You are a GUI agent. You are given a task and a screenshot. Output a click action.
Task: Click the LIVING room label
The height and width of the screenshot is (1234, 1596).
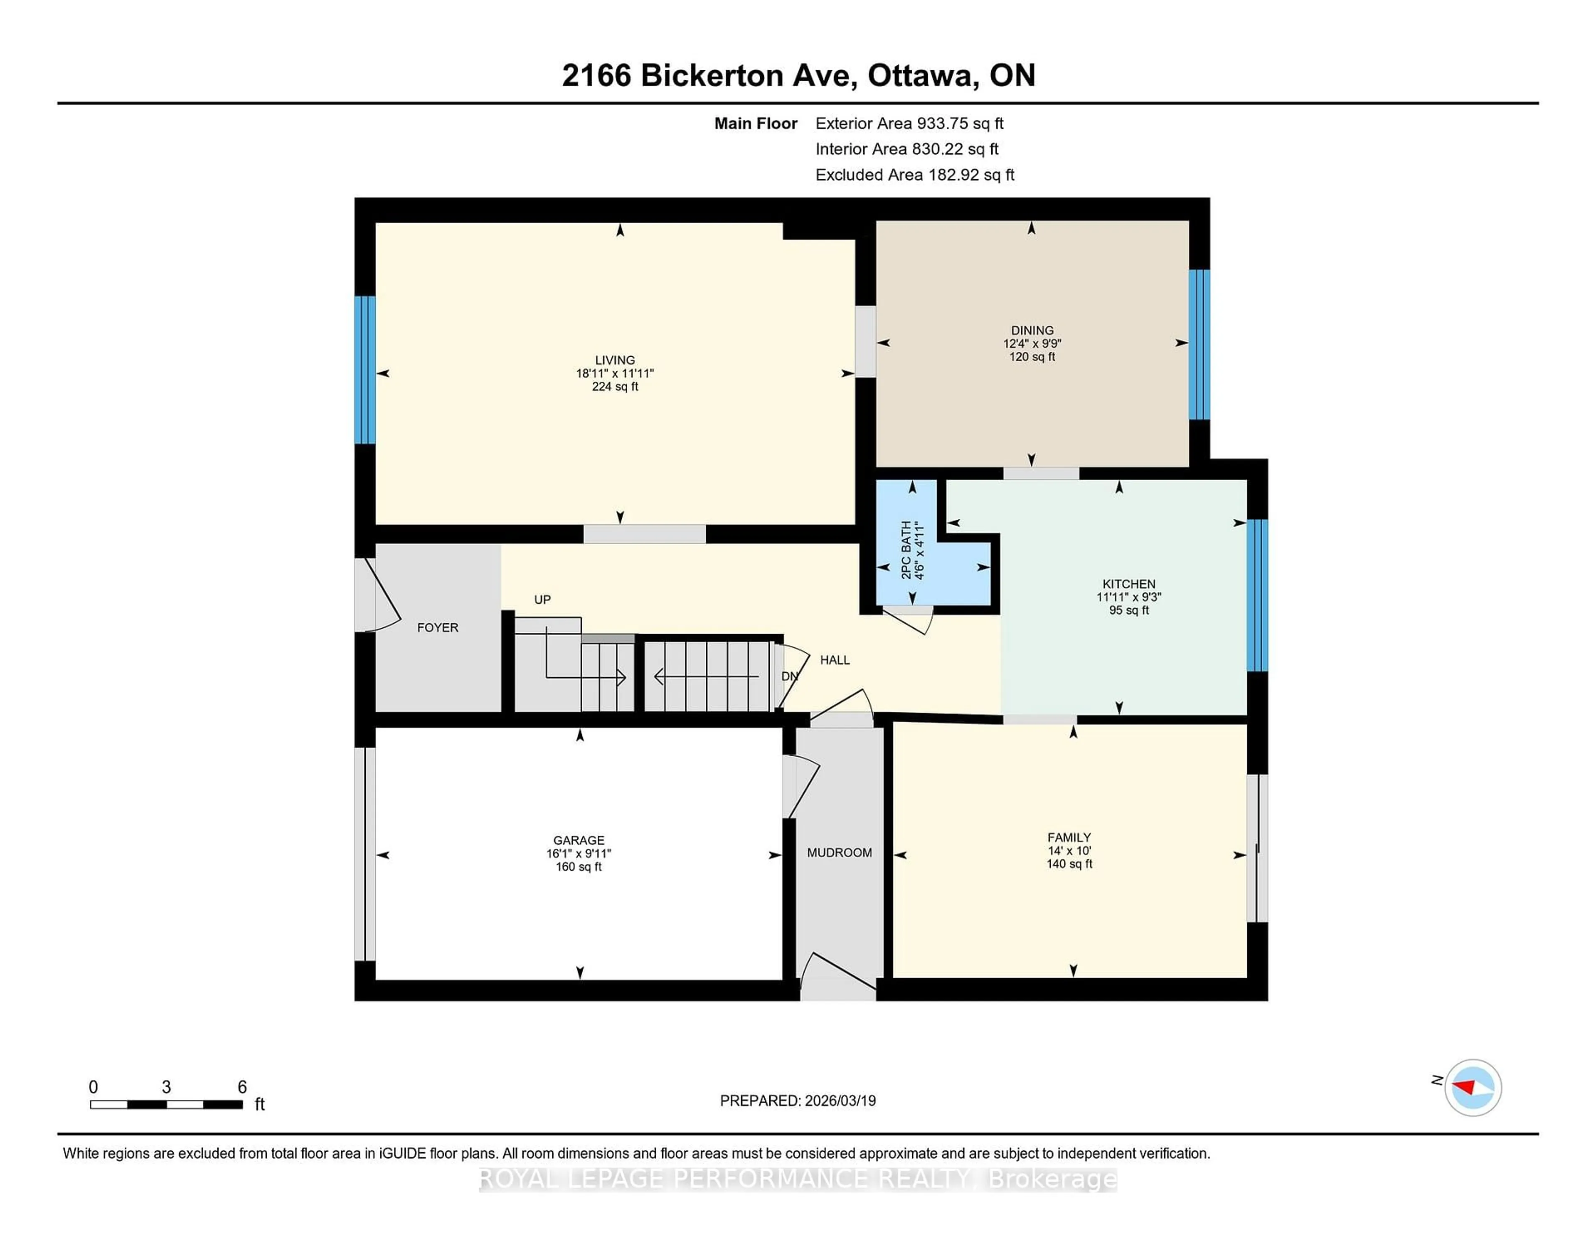pos(615,360)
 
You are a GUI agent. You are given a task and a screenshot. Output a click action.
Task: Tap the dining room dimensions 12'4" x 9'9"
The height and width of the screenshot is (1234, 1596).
pos(1032,343)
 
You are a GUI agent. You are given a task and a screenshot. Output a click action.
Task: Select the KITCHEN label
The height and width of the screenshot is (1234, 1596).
pos(1128,583)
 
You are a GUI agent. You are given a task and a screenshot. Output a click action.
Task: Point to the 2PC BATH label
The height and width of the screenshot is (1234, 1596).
pos(906,550)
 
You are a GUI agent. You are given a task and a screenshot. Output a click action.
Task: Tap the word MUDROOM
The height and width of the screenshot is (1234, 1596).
pos(839,852)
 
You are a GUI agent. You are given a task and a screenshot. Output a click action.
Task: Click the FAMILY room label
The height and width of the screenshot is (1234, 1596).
pos(1069,837)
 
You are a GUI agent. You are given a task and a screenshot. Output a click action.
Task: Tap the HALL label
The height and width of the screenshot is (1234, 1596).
pos(835,659)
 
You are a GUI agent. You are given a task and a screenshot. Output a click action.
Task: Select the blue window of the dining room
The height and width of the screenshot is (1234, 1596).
pos(1199,344)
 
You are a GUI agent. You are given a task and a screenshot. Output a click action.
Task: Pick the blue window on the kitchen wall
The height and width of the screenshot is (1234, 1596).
pos(1257,595)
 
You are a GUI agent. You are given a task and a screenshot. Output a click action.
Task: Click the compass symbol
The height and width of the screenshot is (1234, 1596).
pos(1473,1087)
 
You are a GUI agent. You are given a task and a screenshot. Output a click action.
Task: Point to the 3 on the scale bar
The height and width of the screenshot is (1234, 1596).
pos(167,1087)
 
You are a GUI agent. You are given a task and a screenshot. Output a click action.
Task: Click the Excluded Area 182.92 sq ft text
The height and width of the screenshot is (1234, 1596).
pos(914,175)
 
